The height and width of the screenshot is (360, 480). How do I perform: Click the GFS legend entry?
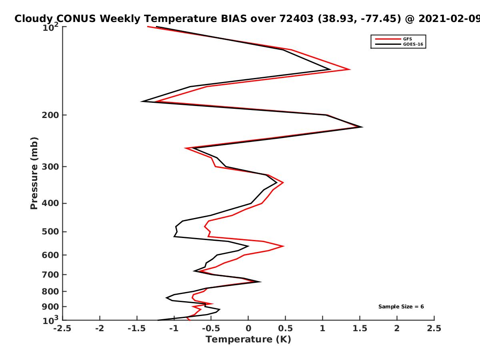point(394,39)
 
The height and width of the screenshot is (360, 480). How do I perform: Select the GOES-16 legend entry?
point(399,44)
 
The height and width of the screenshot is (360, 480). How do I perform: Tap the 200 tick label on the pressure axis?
point(50,115)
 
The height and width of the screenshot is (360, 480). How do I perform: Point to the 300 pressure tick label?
point(50,167)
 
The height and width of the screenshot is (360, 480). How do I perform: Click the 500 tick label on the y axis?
point(50,232)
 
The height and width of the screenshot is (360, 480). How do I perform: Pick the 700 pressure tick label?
point(50,275)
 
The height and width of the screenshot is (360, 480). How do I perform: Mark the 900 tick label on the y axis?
point(50,307)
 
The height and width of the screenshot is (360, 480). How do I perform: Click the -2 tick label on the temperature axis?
point(100,328)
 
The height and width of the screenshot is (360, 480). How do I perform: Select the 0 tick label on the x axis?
point(248,328)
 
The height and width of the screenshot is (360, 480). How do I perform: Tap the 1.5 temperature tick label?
point(360,328)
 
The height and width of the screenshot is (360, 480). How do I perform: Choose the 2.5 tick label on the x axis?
point(434,328)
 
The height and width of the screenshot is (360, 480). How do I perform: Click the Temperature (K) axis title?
point(248,340)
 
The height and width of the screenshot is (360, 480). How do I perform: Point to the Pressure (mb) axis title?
point(34,173)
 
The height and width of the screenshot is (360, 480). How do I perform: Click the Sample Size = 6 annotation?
point(401,307)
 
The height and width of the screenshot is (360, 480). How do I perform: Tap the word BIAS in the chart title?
point(234,19)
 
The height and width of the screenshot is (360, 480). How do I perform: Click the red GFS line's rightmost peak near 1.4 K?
point(350,70)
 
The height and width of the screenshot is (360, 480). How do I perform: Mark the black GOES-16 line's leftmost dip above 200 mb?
point(142,102)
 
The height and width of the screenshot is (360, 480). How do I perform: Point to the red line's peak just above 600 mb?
point(284,246)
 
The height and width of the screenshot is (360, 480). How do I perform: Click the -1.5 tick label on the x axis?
point(137,328)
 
